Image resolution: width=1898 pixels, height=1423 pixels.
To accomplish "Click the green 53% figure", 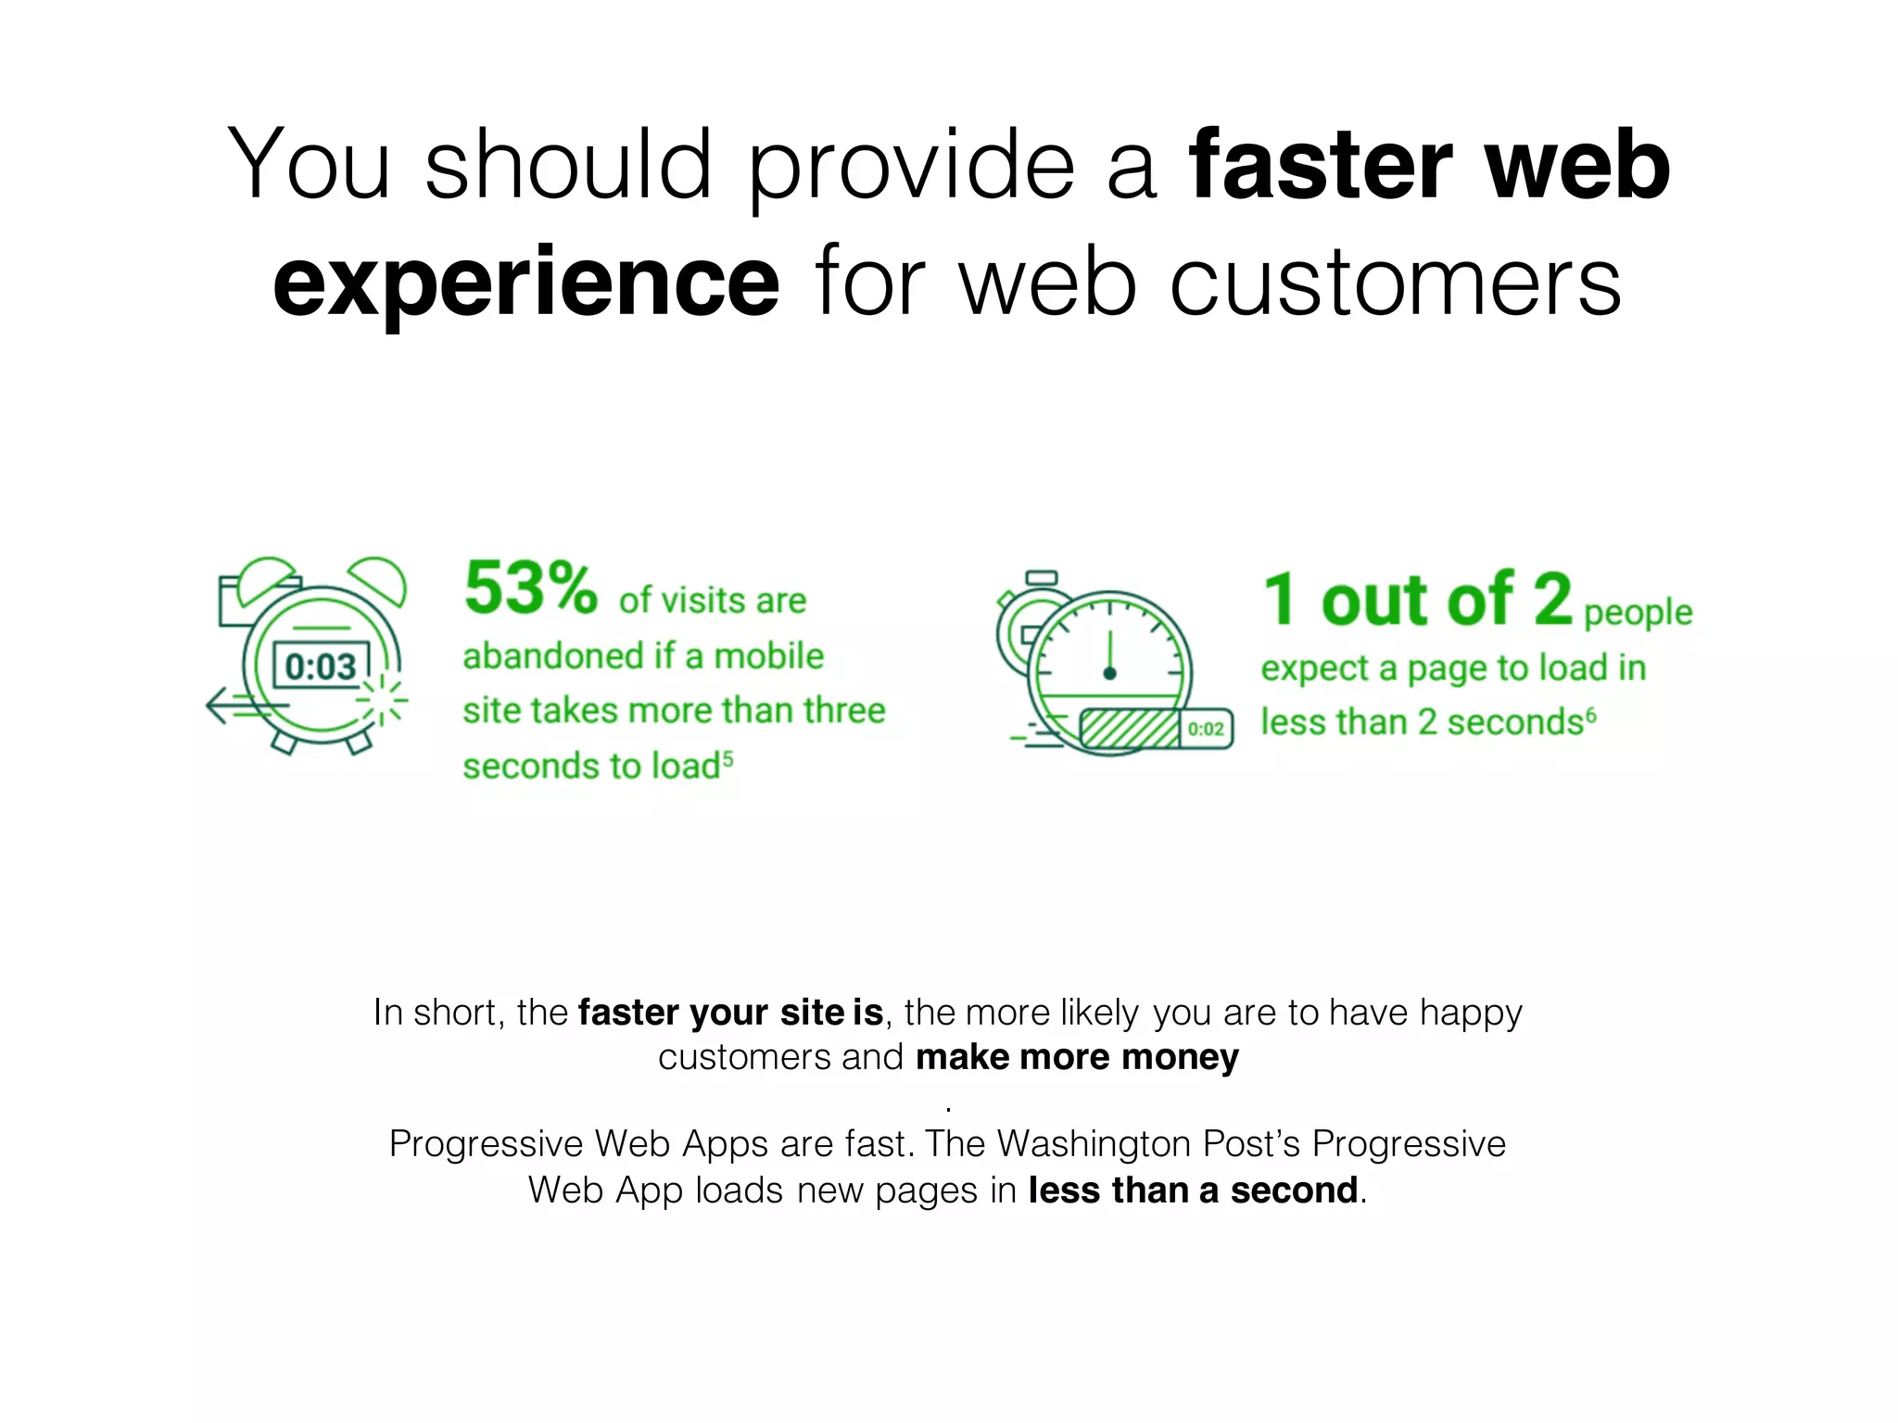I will point(530,588).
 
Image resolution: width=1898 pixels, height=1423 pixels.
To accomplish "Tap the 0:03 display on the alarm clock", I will point(321,666).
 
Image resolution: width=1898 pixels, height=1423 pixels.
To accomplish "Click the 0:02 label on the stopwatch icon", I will point(1206,729).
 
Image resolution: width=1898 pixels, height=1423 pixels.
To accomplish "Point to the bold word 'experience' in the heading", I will point(526,281).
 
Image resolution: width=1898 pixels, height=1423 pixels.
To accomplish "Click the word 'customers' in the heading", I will point(1396,281).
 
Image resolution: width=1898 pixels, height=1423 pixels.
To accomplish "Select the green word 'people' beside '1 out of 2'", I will point(1638,612).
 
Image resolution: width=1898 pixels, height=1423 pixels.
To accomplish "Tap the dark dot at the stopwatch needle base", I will point(1109,674).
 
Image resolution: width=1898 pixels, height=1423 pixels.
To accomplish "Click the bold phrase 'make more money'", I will point(1077,1057).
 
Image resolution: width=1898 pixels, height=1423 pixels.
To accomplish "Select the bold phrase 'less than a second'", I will point(1193,1190).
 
